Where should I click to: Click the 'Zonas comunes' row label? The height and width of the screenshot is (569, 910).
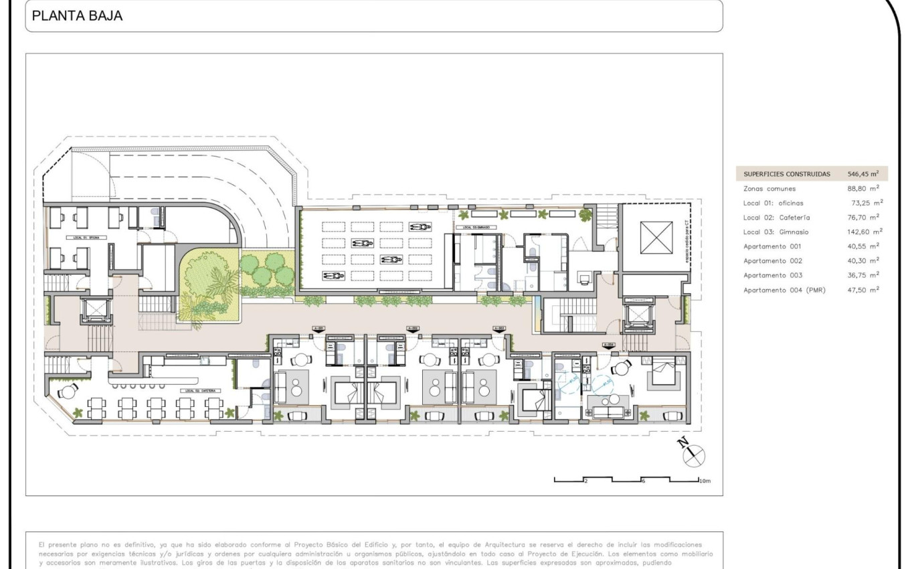click(769, 189)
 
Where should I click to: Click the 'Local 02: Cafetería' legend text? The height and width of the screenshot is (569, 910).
click(777, 217)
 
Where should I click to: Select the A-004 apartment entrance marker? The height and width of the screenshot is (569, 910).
click(608, 345)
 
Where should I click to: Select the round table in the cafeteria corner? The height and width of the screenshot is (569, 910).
click(67, 392)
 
